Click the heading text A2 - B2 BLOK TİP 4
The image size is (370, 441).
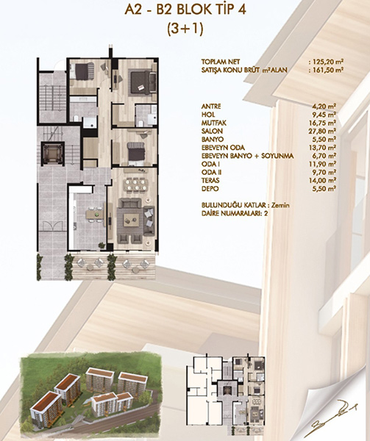(x=185, y=10)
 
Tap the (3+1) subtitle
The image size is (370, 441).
(x=185, y=29)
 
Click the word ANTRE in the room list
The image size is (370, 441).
(x=211, y=107)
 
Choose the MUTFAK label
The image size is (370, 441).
(x=214, y=123)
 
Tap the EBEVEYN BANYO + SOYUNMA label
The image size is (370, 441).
(x=248, y=156)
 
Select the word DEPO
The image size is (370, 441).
(x=210, y=189)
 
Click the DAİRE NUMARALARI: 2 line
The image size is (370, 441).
(x=235, y=213)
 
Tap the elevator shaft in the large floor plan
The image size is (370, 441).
(x=53, y=154)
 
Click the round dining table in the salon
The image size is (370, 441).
(x=136, y=184)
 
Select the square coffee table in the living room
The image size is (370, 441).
(x=131, y=219)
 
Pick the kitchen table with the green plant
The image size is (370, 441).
(x=94, y=215)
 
